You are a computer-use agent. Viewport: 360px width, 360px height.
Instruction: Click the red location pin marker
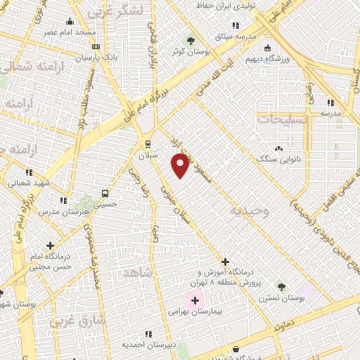(x=180, y=165)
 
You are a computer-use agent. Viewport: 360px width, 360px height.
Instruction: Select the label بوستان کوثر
(x=189, y=51)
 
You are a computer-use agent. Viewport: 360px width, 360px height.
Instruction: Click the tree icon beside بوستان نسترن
(x=281, y=287)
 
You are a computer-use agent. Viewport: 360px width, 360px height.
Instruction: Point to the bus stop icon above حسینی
(x=105, y=193)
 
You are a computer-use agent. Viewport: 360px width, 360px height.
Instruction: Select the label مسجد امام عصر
(x=68, y=33)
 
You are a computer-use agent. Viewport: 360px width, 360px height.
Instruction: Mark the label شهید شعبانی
(x=28, y=182)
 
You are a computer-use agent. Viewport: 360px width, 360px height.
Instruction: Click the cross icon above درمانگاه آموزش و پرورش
(x=225, y=262)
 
